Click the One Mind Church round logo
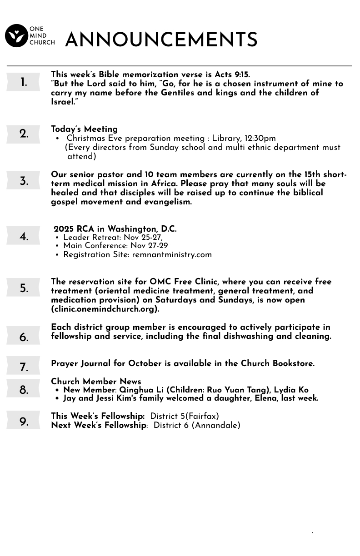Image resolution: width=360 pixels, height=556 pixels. (16, 36)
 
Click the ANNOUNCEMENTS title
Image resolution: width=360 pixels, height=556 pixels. (161, 40)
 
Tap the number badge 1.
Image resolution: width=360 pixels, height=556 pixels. (23, 83)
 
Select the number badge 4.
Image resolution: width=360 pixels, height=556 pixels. (24, 237)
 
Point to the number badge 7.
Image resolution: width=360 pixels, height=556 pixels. (24, 367)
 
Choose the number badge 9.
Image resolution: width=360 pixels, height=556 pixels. (24, 422)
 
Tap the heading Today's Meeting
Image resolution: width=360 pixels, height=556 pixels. (84, 129)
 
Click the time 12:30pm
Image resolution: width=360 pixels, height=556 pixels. (260, 138)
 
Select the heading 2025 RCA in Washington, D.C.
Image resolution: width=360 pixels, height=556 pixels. (115, 229)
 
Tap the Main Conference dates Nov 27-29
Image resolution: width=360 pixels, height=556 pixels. (149, 246)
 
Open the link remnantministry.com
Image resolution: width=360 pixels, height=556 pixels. (172, 254)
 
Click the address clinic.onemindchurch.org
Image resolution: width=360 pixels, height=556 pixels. (105, 309)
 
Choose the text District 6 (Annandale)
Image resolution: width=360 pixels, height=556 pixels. (197, 425)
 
